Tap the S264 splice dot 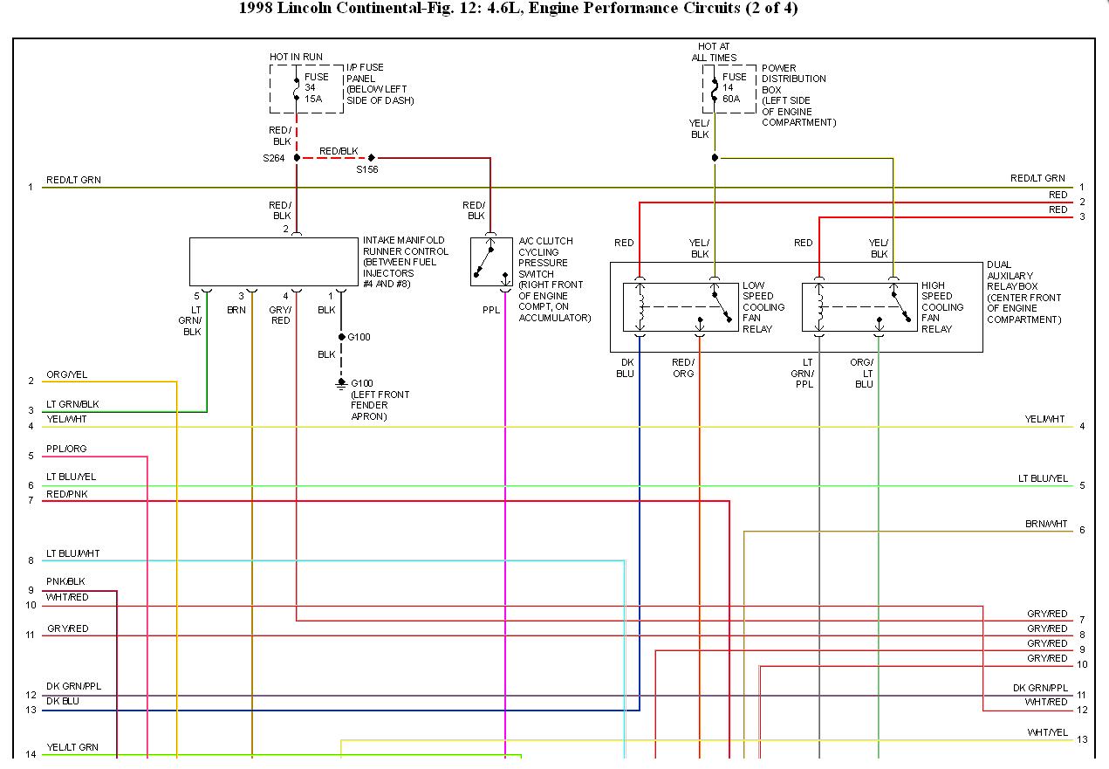click(297, 157)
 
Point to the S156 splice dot click(372, 157)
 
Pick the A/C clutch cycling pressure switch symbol click(491, 261)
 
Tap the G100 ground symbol click(341, 383)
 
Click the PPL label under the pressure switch click(491, 310)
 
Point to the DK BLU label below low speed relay click(626, 367)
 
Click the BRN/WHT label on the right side click(1046, 525)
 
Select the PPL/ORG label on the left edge click(66, 450)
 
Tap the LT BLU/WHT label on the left click(72, 554)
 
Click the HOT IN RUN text click(296, 57)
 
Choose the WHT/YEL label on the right click(1047, 732)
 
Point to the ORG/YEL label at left click(66, 375)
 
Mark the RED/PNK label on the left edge click(66, 495)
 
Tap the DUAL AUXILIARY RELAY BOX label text click(1023, 292)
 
